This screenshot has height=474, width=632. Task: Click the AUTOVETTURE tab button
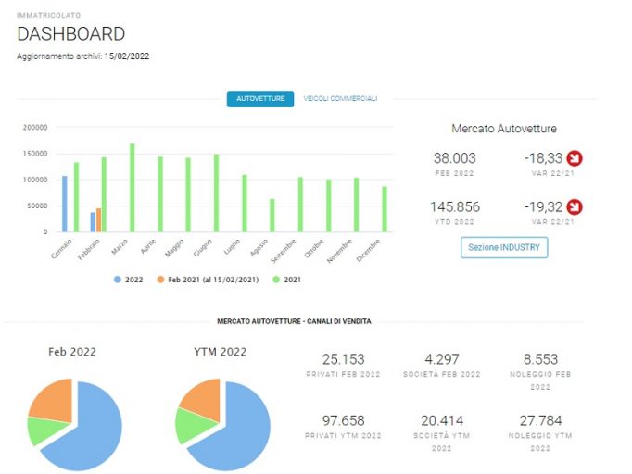coord(260,99)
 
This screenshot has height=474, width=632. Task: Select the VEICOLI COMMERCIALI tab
coord(340,99)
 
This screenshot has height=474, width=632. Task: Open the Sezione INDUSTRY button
coord(504,247)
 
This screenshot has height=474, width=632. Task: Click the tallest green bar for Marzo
coord(133,188)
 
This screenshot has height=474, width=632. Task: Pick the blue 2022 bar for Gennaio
coord(65,204)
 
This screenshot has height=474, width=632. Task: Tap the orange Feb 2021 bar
coord(99,220)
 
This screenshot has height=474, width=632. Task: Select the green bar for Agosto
coord(272,216)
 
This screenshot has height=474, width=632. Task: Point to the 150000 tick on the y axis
coord(35,154)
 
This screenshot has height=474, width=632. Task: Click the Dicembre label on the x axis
coord(369,250)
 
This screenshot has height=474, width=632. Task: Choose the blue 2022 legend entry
coord(129,280)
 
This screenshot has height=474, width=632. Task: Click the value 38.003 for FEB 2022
coord(455,158)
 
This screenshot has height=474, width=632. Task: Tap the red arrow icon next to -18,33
coord(575,158)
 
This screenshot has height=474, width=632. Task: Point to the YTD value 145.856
coord(455,207)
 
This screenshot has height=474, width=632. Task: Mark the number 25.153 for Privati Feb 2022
coord(344,359)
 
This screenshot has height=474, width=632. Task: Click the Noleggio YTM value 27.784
coord(540,421)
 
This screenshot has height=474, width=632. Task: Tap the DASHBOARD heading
coord(71,34)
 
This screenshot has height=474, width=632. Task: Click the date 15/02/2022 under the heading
coord(127,56)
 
